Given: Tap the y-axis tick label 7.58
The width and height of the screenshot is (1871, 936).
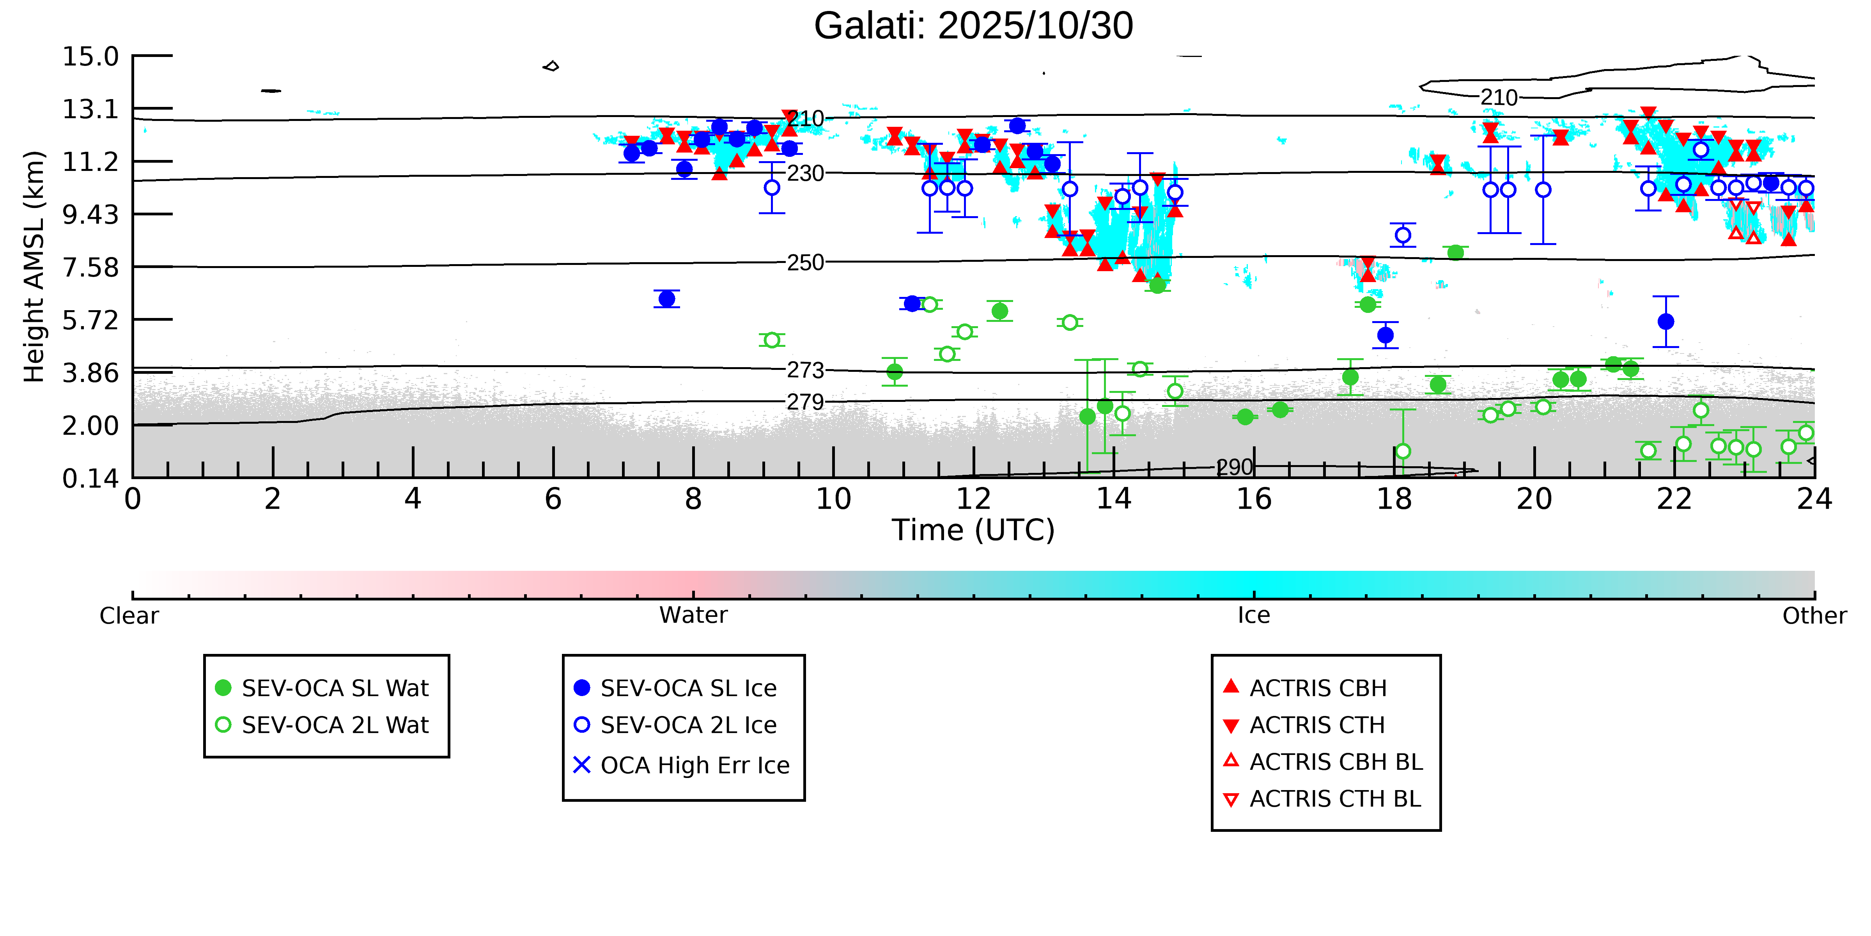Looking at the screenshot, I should click(x=90, y=267).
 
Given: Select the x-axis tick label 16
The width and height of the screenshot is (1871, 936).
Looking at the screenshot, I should click(x=1254, y=499).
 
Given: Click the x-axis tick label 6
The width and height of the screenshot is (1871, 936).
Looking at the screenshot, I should click(x=553, y=499).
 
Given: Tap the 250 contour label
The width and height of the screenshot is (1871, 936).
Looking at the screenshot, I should click(x=806, y=262).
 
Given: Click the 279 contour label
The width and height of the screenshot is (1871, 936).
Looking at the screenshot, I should click(x=806, y=402).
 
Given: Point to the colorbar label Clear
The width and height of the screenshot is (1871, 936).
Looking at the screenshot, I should click(x=129, y=616).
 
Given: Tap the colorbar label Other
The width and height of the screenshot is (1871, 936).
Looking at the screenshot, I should click(x=1814, y=616).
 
